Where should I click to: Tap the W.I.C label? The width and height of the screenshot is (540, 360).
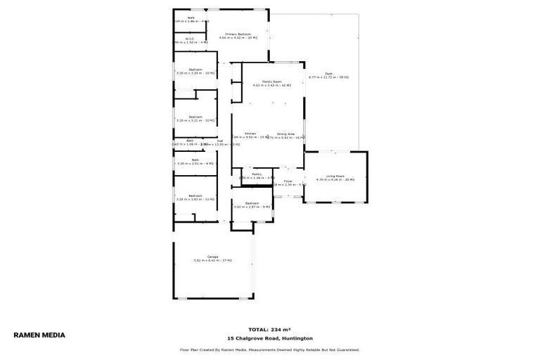[x=190, y=39]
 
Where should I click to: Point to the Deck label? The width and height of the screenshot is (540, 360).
[x=329, y=73]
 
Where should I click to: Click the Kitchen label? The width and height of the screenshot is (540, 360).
[x=250, y=134]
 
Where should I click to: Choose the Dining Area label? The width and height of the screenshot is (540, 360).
[x=285, y=134]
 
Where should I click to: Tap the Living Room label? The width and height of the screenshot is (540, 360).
[x=335, y=176]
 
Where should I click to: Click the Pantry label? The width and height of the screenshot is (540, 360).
[x=247, y=174]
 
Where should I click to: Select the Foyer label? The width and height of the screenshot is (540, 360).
[x=288, y=181]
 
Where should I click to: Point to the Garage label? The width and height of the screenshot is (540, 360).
[x=212, y=257]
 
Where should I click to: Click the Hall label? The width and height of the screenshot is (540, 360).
[x=220, y=141]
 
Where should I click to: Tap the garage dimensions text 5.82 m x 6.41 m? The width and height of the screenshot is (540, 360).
[x=212, y=261]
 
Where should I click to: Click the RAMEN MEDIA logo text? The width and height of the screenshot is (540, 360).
[x=39, y=335]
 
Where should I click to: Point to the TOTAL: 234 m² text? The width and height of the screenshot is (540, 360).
[x=270, y=329]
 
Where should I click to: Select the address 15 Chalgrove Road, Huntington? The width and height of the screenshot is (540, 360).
[x=270, y=337]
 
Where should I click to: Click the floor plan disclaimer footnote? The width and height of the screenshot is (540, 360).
[x=270, y=349]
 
